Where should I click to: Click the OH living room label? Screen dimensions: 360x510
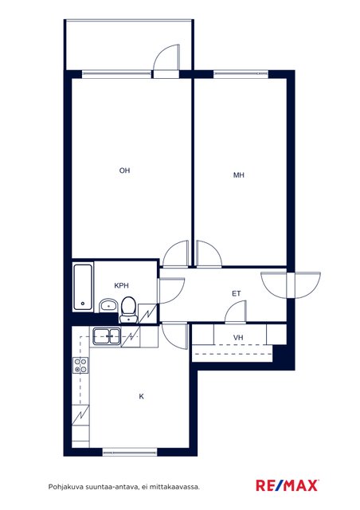tap(124, 171)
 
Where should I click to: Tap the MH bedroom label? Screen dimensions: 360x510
tap(239, 175)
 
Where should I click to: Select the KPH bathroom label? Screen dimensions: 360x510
tap(121, 285)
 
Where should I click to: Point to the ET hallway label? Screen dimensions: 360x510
tap(237, 294)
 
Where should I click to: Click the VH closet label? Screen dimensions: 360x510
tap(238, 338)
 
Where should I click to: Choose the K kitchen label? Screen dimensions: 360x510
tap(142, 397)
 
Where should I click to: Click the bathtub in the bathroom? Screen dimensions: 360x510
tap(83, 287)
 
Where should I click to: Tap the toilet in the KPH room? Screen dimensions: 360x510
tap(128, 310)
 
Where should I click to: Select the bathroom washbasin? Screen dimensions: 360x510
tap(108, 305)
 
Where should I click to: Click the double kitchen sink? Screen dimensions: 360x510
tap(107, 336)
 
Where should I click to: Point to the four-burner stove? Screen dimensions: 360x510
tap(80, 365)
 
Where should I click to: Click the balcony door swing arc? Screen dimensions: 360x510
tap(166, 57)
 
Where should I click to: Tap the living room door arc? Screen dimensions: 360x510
tap(175, 253)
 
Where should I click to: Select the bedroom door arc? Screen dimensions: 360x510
tap(209, 253)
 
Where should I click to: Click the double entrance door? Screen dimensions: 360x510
tap(291, 285)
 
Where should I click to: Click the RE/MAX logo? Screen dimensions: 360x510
tap(288, 485)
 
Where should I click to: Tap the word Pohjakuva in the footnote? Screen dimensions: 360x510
tap(65, 487)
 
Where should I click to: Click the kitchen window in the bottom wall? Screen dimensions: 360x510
tap(130, 452)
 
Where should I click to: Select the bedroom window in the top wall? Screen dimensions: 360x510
tap(241, 74)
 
